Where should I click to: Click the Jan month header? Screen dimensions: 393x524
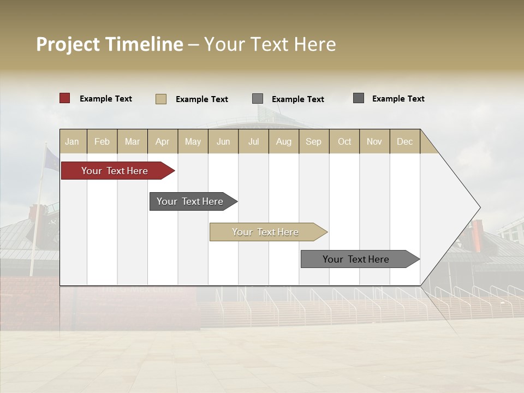pyautogui.click(x=72, y=141)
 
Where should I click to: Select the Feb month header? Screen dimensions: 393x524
pyautogui.click(x=102, y=141)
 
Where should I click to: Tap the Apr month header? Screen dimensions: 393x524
pyautogui.click(x=162, y=141)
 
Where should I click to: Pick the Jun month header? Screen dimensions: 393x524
pyautogui.click(x=223, y=141)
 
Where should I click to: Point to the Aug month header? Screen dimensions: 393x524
pyautogui.click(x=283, y=141)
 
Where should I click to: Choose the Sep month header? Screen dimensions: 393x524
pyautogui.click(x=313, y=141)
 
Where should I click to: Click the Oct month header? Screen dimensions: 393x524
pyautogui.click(x=344, y=141)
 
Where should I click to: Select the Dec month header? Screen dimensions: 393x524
pyautogui.click(x=404, y=141)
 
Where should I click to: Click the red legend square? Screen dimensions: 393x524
pyautogui.click(x=65, y=98)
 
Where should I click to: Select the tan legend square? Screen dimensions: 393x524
pyautogui.click(x=161, y=99)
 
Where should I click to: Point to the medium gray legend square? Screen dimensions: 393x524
pyautogui.click(x=258, y=99)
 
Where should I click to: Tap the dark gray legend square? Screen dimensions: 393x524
pyautogui.click(x=359, y=98)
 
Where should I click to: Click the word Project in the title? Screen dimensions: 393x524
pyautogui.click(x=68, y=44)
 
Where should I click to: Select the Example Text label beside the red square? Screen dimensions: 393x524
pyautogui.click(x=106, y=99)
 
